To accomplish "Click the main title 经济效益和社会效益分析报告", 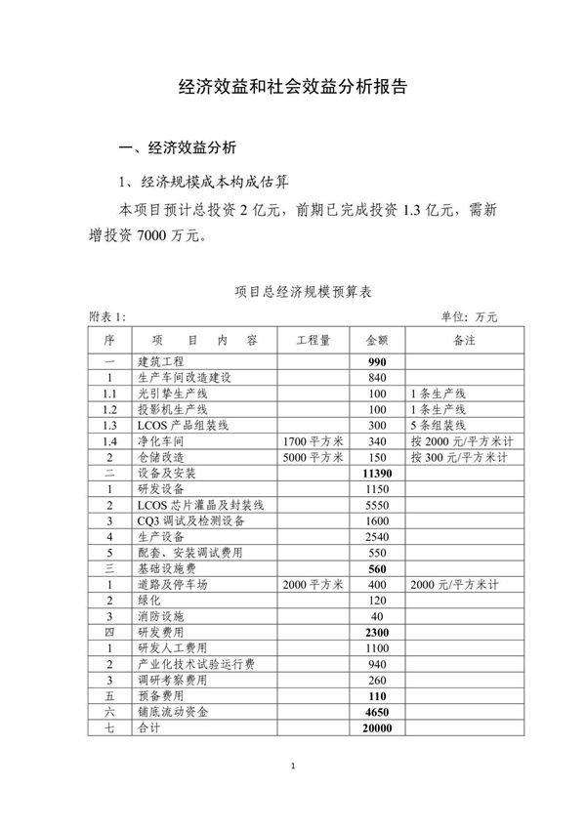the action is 293,86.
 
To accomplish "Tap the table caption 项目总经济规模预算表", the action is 292,291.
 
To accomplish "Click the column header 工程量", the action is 313,341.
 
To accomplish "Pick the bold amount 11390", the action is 377,472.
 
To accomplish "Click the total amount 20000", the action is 377,728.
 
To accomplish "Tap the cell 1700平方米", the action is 313,440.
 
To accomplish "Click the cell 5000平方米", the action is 313,456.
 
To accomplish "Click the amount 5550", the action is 377,504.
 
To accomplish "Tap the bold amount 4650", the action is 377,713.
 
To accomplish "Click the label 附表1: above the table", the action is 107,316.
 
